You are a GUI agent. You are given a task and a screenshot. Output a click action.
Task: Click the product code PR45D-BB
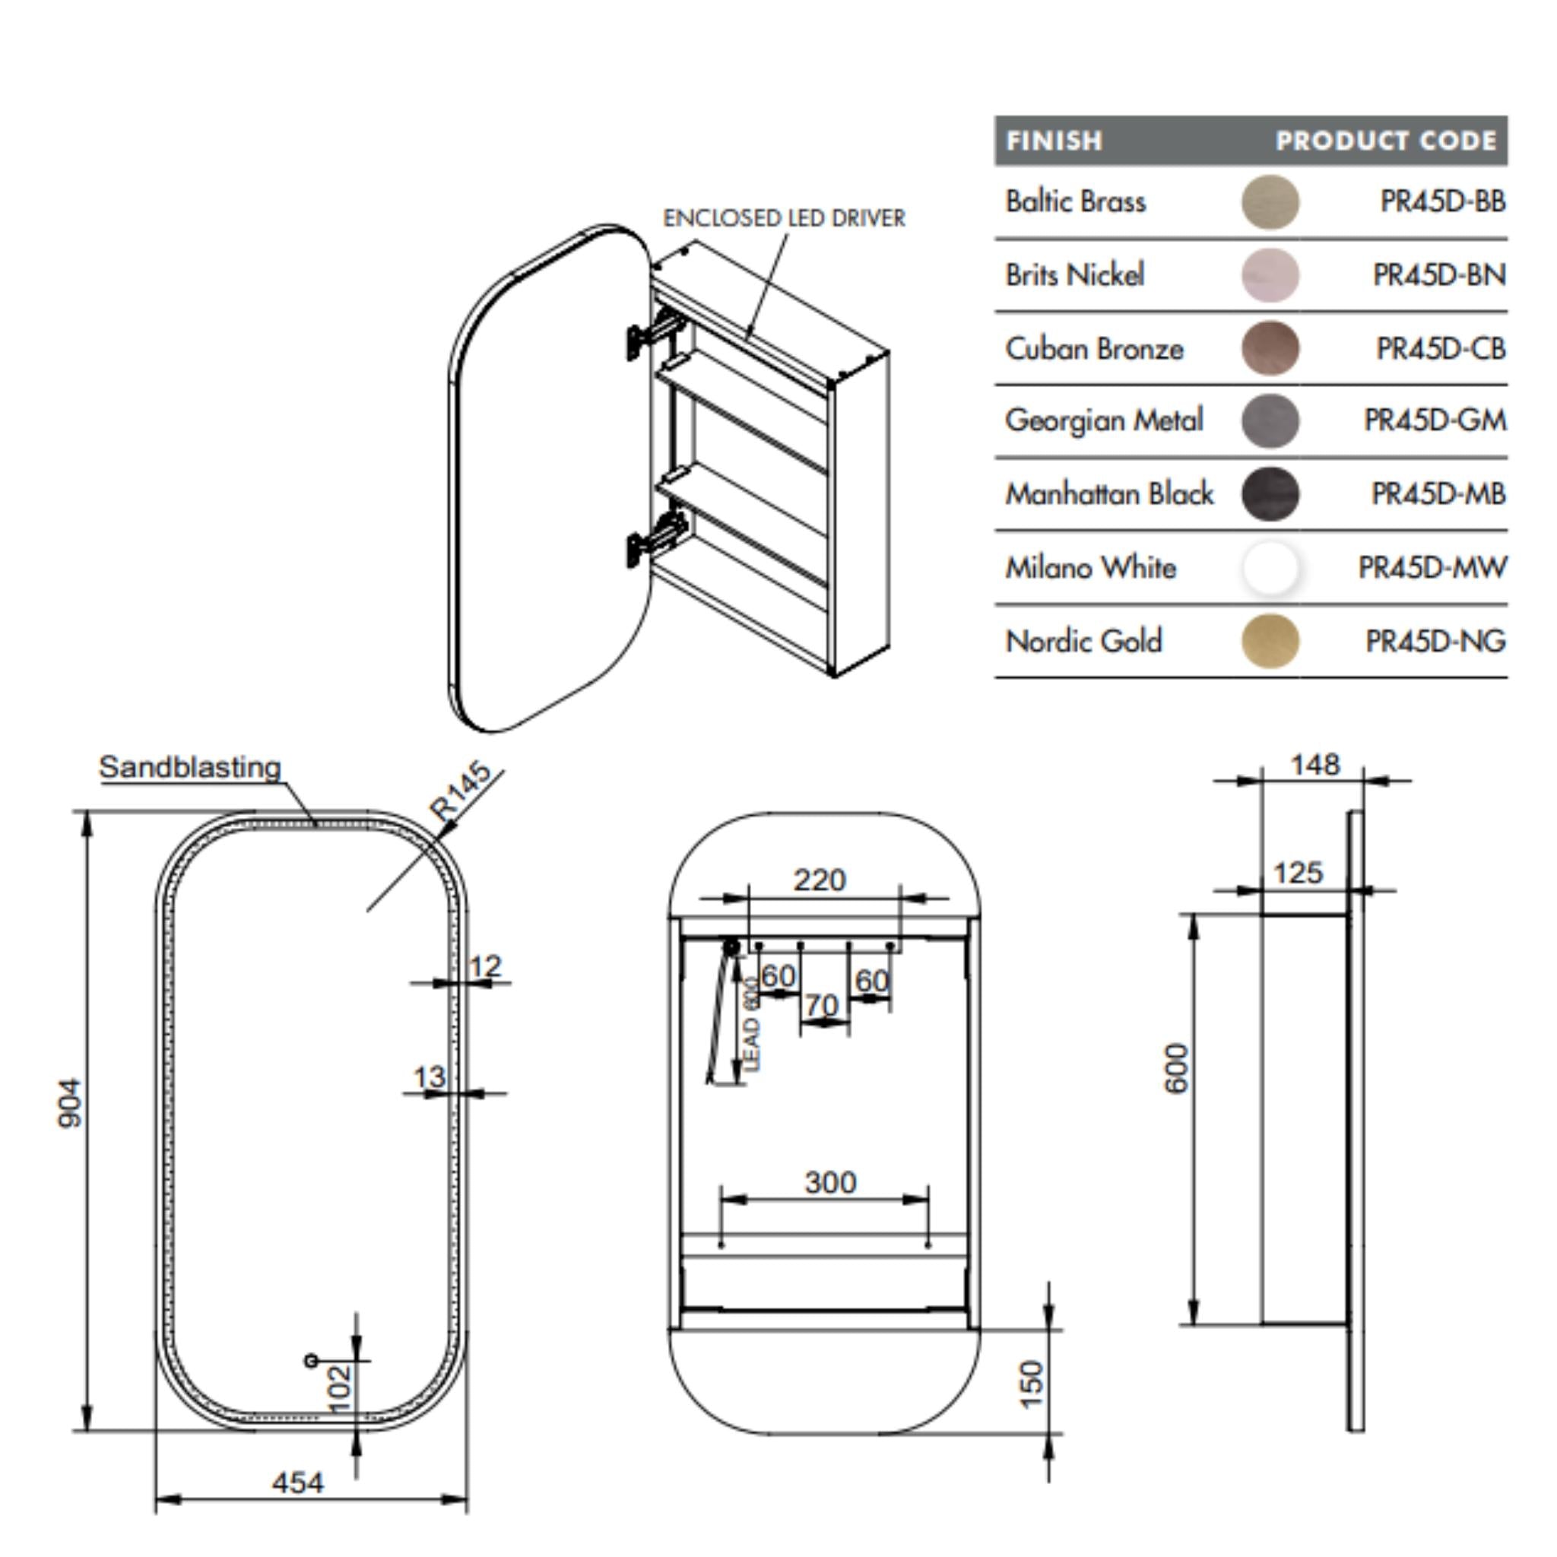coord(1441,201)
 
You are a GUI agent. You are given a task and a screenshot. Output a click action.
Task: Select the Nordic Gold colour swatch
coord(1270,642)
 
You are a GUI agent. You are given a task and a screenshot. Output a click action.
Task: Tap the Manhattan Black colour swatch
coord(1270,494)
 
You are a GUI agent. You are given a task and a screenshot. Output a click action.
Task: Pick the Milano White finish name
coord(1089,568)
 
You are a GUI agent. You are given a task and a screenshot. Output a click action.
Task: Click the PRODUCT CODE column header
coord(1385,141)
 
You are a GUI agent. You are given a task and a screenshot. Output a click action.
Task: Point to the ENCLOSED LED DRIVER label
coord(783,218)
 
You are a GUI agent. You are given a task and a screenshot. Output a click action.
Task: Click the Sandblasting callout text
coord(189,767)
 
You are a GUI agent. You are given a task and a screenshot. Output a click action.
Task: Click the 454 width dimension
coord(297,1482)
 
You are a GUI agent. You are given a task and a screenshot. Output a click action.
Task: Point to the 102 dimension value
coord(341,1387)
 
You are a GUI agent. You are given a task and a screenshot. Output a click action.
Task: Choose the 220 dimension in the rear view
coord(820,880)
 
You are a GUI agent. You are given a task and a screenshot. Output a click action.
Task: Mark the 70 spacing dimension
coord(821,1005)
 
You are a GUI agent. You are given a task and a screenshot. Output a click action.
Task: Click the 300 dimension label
coord(830,1182)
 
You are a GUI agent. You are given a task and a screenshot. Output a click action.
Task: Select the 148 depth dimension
coord(1314,764)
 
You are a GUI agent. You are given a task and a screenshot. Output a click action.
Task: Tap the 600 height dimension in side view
coord(1178,1069)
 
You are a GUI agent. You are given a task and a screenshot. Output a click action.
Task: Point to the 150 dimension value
coord(1032,1384)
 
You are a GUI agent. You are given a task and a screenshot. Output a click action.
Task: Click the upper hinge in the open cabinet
coord(655,333)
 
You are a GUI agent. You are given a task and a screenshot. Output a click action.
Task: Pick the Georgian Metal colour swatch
coord(1270,420)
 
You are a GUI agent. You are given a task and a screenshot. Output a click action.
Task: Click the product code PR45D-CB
coord(1440,349)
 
